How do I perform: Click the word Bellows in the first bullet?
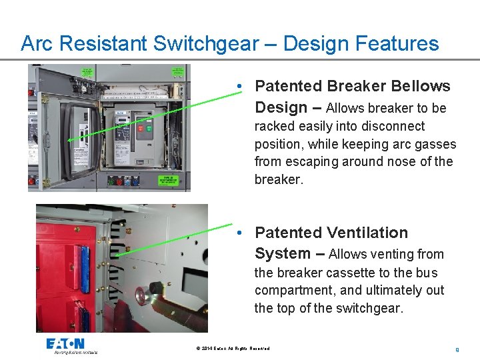tap(420, 87)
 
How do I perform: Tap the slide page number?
tap(457, 349)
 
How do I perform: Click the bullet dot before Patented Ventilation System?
tap(239, 233)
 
